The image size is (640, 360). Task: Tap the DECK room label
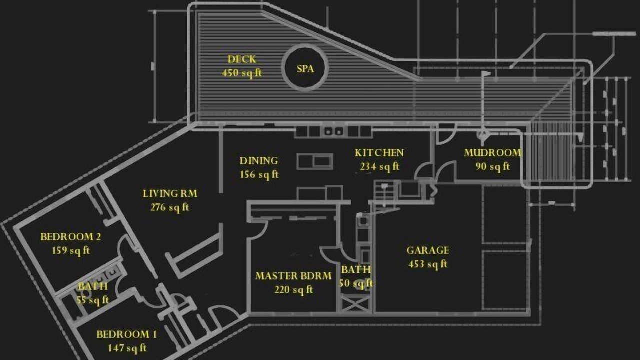(242, 59)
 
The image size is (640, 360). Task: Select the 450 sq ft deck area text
(242, 73)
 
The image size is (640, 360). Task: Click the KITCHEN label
(379, 153)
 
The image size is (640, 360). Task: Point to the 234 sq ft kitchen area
(379, 166)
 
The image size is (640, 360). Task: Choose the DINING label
(259, 161)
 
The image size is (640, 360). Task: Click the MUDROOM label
(493, 153)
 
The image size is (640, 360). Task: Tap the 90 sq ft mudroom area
(493, 166)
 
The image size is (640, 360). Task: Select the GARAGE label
(428, 250)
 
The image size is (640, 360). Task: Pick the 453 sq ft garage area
(428, 264)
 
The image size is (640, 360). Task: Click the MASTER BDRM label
(293, 276)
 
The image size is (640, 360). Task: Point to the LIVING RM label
(170, 194)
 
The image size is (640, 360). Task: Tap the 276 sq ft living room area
(170, 207)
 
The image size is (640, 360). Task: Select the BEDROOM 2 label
(71, 237)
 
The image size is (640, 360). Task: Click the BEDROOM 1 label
(127, 334)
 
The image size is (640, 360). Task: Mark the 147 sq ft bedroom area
(127, 348)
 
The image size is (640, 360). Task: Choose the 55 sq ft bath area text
(93, 300)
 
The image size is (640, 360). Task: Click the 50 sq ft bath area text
(356, 283)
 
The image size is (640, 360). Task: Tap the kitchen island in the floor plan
(315, 161)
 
